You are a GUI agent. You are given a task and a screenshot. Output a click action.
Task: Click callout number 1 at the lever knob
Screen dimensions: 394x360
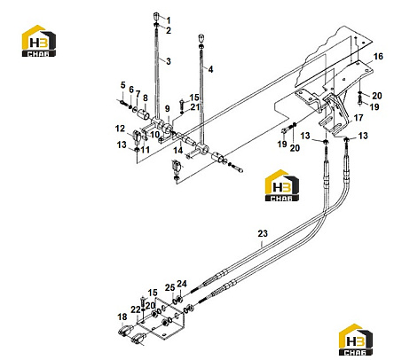click(x=169, y=20)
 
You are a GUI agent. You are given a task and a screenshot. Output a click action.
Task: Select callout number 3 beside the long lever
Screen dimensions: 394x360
click(x=169, y=61)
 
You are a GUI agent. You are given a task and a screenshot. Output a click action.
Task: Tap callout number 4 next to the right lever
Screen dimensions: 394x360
click(x=210, y=69)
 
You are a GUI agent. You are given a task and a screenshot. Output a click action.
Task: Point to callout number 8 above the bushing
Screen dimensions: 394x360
click(x=146, y=98)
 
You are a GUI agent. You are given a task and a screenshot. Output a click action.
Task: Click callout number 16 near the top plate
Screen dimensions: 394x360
click(x=378, y=56)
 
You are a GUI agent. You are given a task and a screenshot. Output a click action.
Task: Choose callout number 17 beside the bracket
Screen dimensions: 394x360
click(x=359, y=118)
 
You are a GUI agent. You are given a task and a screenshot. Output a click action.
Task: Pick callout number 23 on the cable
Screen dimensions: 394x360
click(x=263, y=233)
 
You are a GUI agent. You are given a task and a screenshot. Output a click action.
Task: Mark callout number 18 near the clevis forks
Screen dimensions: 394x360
click(x=122, y=317)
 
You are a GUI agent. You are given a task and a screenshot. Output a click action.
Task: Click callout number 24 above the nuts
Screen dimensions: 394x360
click(x=182, y=284)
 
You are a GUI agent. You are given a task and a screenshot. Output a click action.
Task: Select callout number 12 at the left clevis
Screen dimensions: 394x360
click(x=120, y=129)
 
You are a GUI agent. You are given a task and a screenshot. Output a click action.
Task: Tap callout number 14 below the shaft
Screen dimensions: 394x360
click(x=177, y=151)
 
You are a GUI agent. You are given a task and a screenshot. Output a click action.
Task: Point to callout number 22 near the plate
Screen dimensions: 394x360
click(x=136, y=309)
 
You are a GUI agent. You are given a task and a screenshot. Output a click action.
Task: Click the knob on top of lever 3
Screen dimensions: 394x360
click(x=156, y=16)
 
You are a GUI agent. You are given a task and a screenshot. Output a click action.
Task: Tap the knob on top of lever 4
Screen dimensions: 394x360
click(x=201, y=38)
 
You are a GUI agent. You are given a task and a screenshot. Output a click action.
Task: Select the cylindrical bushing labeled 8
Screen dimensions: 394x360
click(x=143, y=114)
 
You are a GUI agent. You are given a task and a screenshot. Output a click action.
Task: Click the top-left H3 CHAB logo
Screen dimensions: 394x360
click(x=39, y=41)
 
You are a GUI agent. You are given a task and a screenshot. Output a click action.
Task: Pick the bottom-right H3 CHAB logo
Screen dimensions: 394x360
click(x=356, y=340)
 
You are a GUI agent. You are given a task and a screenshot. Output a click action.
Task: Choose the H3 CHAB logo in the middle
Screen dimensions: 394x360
click(x=282, y=185)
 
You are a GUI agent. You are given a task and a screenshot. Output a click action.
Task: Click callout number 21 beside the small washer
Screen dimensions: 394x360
click(x=195, y=107)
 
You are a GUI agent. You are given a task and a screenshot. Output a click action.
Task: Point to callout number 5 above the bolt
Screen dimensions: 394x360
click(x=123, y=85)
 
